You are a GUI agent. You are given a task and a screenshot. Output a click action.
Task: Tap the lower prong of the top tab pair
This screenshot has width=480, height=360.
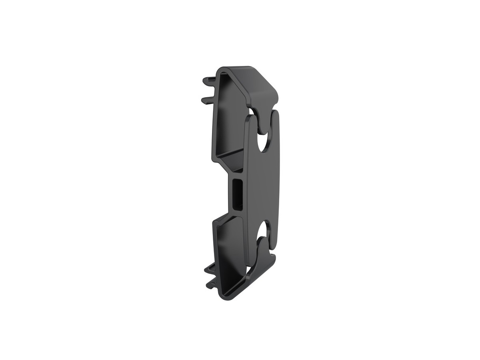[207, 98]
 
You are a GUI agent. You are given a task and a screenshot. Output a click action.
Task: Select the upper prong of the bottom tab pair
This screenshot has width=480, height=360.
[209, 269]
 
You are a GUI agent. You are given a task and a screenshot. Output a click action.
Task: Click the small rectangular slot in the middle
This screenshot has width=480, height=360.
[237, 194]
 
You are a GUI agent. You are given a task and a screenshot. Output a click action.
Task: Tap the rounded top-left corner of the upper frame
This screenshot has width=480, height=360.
[221, 70]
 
